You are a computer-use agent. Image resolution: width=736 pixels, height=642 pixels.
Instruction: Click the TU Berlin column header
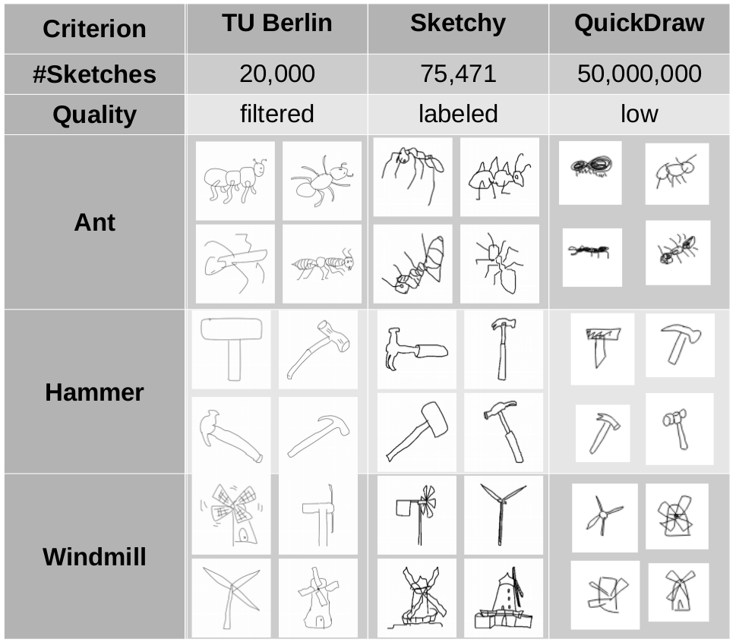(277, 23)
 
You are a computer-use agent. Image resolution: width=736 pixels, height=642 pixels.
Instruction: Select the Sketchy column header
(458, 23)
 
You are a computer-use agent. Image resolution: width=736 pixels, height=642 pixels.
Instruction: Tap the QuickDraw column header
(640, 23)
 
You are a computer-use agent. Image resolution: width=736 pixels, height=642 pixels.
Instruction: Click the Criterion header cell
(94, 29)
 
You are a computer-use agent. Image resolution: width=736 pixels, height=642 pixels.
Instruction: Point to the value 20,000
(277, 74)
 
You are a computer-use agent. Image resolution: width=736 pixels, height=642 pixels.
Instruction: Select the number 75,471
(458, 74)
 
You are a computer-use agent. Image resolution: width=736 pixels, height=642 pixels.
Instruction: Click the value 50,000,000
(640, 74)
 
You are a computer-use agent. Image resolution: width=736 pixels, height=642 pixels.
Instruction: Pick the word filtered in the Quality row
(277, 114)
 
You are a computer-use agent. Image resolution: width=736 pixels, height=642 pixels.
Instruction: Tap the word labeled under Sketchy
(458, 114)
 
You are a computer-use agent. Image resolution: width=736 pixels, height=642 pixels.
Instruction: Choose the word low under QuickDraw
(640, 114)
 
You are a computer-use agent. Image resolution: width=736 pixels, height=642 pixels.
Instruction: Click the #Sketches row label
(94, 74)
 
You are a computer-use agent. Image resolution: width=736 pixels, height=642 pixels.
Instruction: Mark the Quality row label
(94, 115)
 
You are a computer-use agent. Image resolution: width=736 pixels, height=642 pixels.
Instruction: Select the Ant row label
(94, 222)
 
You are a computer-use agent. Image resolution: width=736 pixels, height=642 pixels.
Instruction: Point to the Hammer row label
(94, 392)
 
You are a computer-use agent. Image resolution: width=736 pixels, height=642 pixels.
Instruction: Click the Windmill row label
(94, 557)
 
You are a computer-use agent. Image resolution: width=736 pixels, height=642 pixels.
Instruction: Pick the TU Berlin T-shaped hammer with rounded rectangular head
(232, 349)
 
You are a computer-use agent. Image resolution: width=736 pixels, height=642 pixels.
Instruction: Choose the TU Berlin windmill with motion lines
(232, 515)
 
